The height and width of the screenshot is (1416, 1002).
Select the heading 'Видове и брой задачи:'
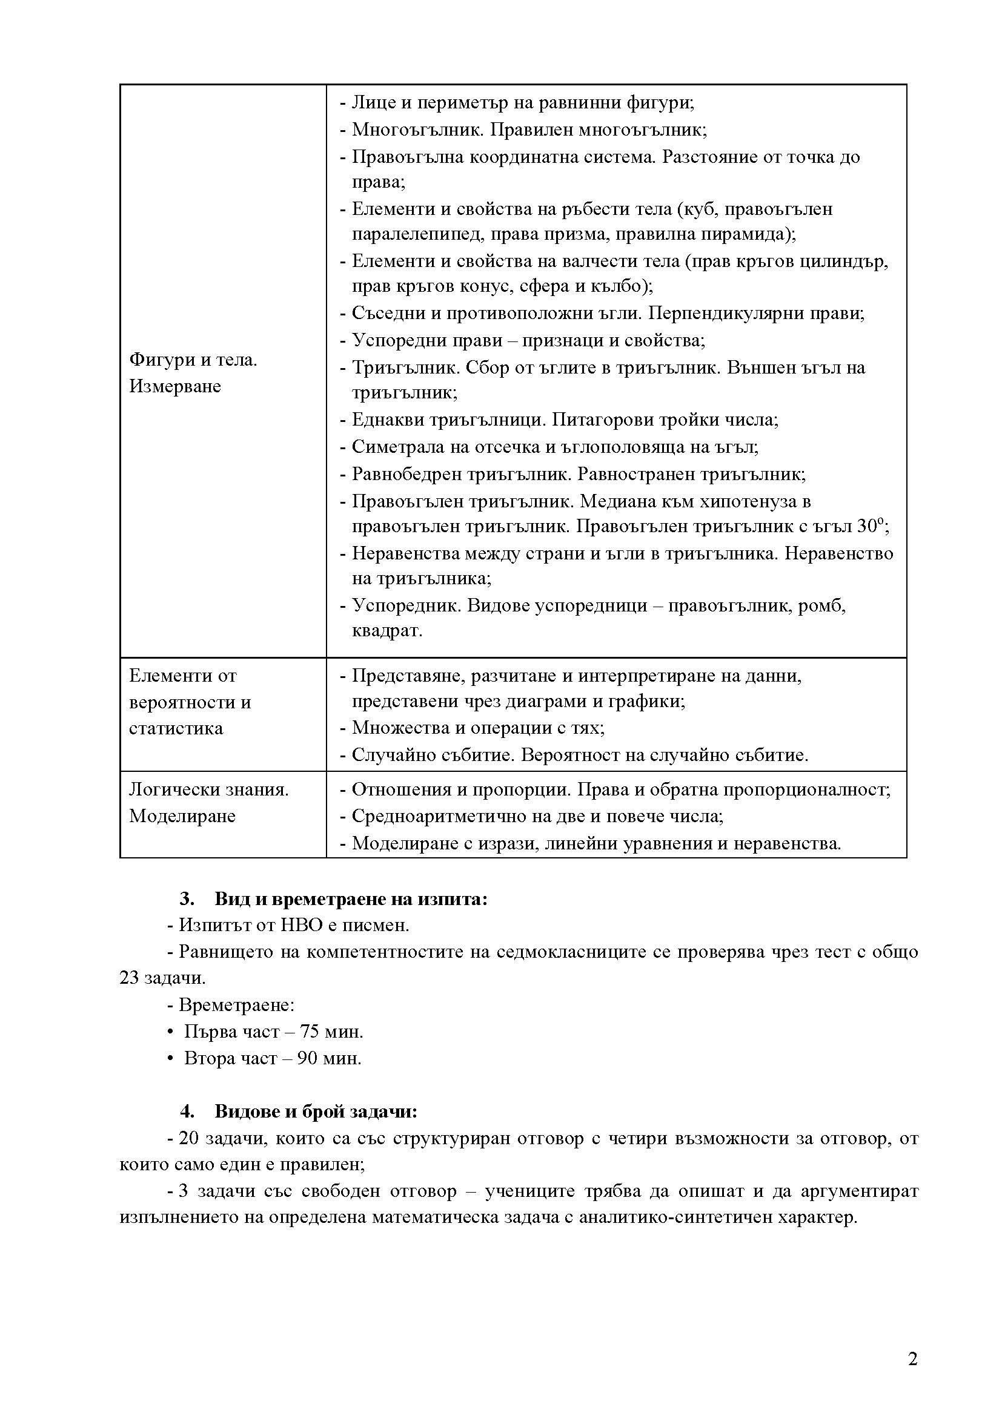(x=316, y=1112)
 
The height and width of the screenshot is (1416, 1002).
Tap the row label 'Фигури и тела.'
(x=193, y=360)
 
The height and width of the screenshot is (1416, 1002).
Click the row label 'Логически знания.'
(x=208, y=789)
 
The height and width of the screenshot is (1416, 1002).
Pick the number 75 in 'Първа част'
(x=310, y=1032)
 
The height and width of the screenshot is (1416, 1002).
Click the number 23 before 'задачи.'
(x=129, y=978)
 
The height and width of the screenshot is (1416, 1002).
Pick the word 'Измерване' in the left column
(x=175, y=387)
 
